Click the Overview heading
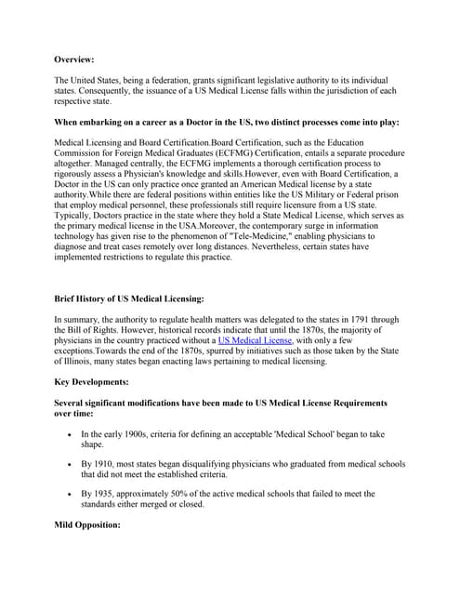click(x=74, y=59)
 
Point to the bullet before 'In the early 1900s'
click(x=70, y=435)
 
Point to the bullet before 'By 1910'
click(x=70, y=463)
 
